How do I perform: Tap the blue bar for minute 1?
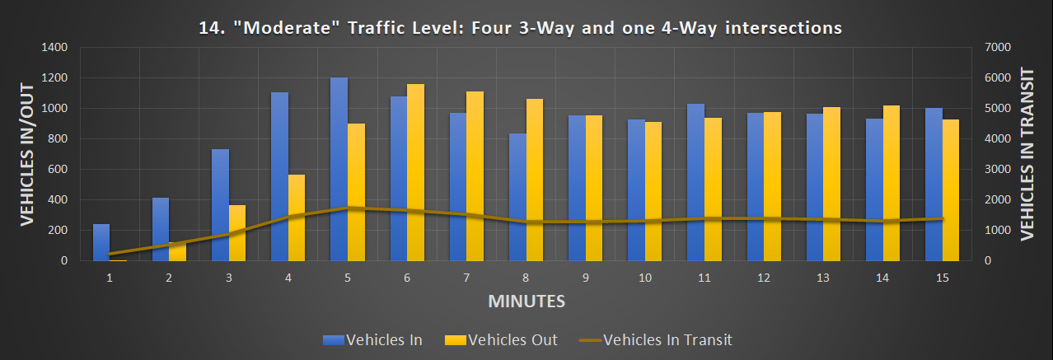pyautogui.click(x=101, y=242)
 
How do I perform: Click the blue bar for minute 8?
pyautogui.click(x=517, y=197)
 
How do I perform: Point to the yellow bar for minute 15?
pyautogui.click(x=951, y=189)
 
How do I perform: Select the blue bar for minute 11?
pyautogui.click(x=695, y=182)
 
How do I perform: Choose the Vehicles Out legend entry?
pyautogui.click(x=501, y=339)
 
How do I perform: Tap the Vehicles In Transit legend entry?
pyautogui.click(x=655, y=339)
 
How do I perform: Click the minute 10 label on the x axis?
pyautogui.click(x=645, y=278)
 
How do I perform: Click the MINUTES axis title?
pyautogui.click(x=526, y=301)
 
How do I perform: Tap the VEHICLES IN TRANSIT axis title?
pyautogui.click(x=1027, y=154)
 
